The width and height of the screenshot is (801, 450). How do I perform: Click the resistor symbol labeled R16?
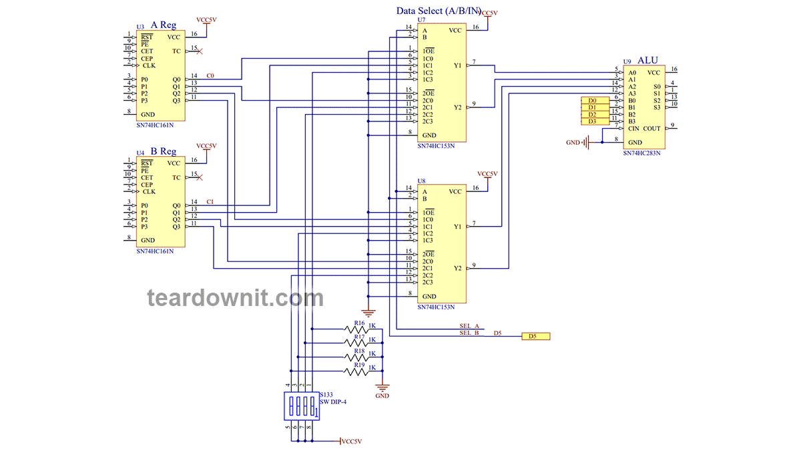(356, 329)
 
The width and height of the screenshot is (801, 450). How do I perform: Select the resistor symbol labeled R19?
(356, 372)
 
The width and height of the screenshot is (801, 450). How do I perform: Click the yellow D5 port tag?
(535, 337)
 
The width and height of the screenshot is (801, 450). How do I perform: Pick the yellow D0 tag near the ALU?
(592, 100)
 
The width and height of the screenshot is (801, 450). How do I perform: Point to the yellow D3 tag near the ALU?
(592, 121)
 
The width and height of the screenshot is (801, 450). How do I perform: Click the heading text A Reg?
(164, 25)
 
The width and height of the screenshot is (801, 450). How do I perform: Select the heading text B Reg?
(164, 151)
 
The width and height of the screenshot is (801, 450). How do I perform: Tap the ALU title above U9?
(647, 60)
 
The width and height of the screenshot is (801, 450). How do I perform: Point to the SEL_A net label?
(469, 326)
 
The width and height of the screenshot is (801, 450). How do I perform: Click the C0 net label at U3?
(210, 75)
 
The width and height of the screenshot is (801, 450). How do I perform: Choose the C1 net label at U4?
(210, 201)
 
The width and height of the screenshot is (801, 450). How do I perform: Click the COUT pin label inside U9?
(651, 129)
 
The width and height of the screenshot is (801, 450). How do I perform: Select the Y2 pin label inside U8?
(457, 268)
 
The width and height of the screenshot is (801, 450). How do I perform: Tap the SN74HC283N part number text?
(641, 153)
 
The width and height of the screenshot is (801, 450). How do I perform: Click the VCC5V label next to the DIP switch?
(350, 441)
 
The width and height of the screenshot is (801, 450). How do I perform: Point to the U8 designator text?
(421, 181)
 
